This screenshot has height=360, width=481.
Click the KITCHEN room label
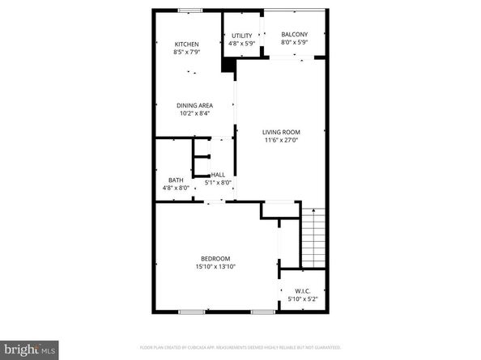[x=187, y=44]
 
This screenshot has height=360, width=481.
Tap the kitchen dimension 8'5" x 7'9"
[x=187, y=52]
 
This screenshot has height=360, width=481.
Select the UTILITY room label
[x=241, y=36]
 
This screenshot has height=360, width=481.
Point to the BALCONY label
[x=292, y=34]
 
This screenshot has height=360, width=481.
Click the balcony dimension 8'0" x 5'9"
[x=292, y=42]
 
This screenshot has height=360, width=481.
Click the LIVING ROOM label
[x=281, y=132]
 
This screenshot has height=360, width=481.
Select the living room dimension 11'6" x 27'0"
[x=281, y=140]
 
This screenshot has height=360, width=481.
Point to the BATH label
[x=176, y=180]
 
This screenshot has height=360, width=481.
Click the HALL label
[x=218, y=174]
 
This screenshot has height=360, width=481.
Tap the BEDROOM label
[x=216, y=258]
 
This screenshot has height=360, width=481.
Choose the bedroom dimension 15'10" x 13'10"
[x=216, y=266]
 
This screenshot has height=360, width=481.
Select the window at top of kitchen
[x=190, y=11]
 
